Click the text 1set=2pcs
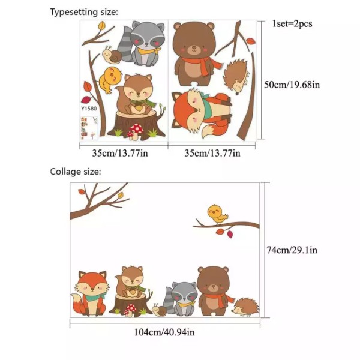pyautogui.click(x=292, y=24)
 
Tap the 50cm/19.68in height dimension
pyautogui.click(x=292, y=85)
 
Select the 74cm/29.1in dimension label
pyautogui.click(x=292, y=250)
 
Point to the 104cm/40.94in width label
pyautogui.click(x=164, y=332)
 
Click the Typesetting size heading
pyautogui.click(x=84, y=12)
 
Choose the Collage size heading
pyautogui.click(x=76, y=172)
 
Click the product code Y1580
pyautogui.click(x=89, y=109)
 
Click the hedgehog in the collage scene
pyautogui.click(x=245, y=307)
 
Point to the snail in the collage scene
pyautogui.click(x=159, y=310)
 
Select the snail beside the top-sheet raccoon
pyautogui.click(x=112, y=55)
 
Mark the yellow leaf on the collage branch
pyautogui.click(x=121, y=196)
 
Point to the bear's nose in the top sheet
pyautogui.click(x=194, y=47)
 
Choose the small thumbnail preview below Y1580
pyautogui.click(x=89, y=128)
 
